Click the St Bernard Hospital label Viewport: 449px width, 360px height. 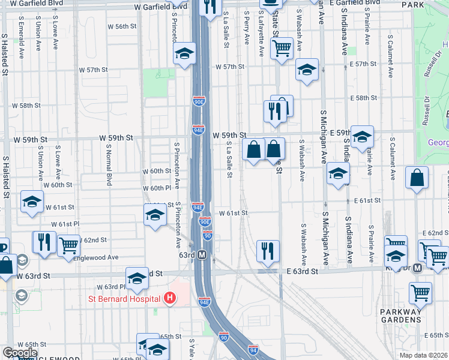pos(127,298)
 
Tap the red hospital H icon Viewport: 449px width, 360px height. pos(170,298)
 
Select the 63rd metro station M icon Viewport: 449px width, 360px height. pos(202,254)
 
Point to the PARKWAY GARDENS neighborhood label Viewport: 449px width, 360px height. pos(403,316)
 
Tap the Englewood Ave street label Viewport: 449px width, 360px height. pos(95,257)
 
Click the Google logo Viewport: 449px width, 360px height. pos(20,353)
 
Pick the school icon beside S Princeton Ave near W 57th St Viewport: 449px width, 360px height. pos(185,53)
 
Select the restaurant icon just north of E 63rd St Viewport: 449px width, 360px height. pos(267,250)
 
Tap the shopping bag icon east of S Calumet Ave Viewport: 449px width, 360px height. pos(417,178)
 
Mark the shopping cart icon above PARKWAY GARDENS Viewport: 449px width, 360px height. pos(420,293)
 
